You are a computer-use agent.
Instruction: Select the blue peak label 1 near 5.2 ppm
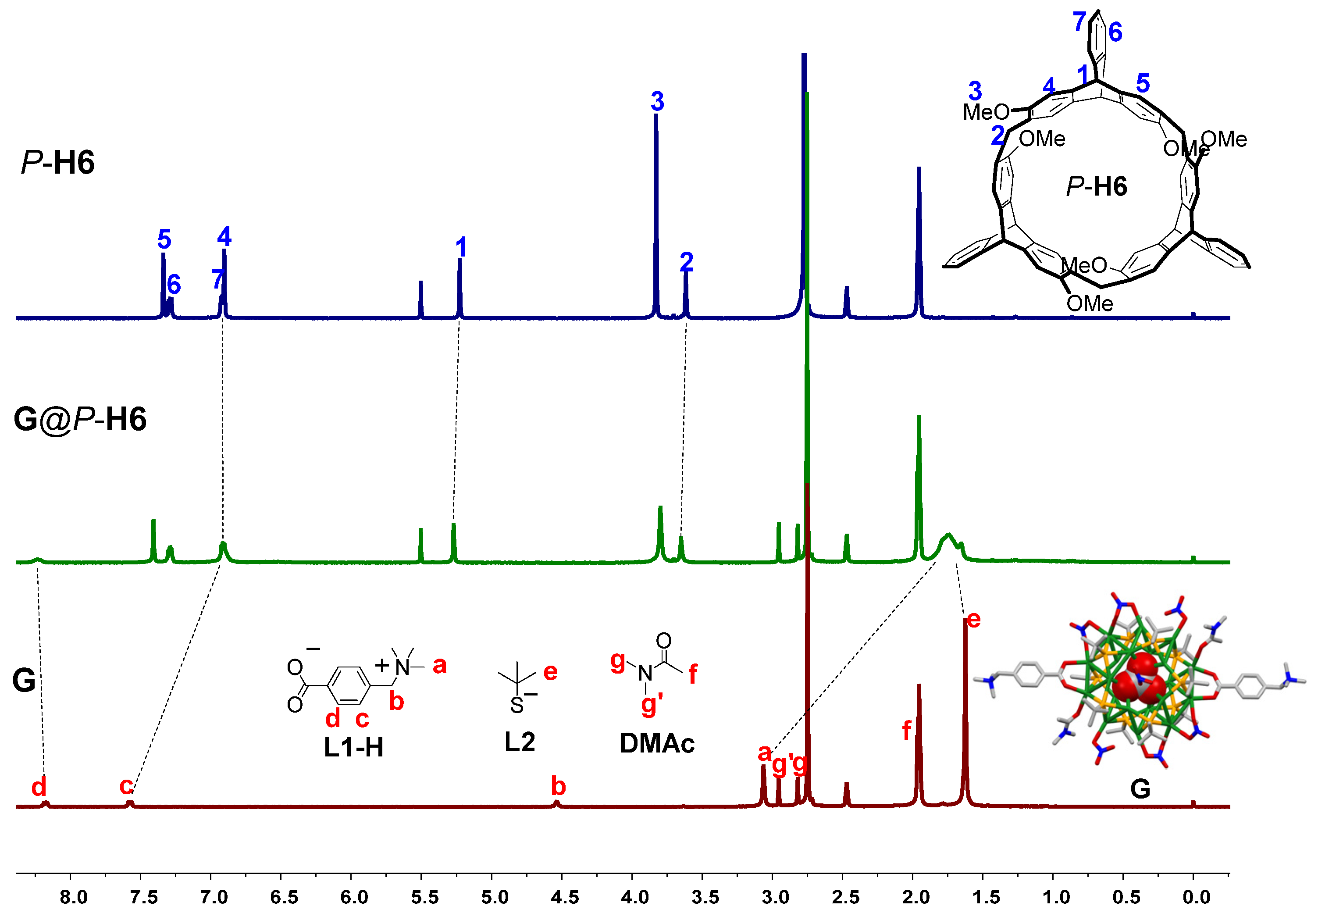[x=461, y=248]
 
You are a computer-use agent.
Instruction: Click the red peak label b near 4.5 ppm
[x=558, y=787]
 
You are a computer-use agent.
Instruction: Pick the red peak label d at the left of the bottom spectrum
[x=38, y=788]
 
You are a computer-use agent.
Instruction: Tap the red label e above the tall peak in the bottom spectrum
[x=973, y=620]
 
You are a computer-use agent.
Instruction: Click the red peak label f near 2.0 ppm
[x=906, y=731]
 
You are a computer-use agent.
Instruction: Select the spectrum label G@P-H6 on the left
[x=80, y=419]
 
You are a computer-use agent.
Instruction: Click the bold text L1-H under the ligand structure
[x=353, y=747]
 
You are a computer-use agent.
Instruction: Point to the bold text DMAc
[x=656, y=744]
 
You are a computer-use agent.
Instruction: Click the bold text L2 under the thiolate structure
[x=519, y=742]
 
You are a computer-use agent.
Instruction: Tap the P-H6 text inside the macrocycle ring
[x=1096, y=186]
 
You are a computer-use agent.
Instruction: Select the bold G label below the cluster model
[x=1140, y=789]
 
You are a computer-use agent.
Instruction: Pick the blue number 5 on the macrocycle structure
[x=1143, y=83]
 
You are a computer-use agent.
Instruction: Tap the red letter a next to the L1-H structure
[x=439, y=665]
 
